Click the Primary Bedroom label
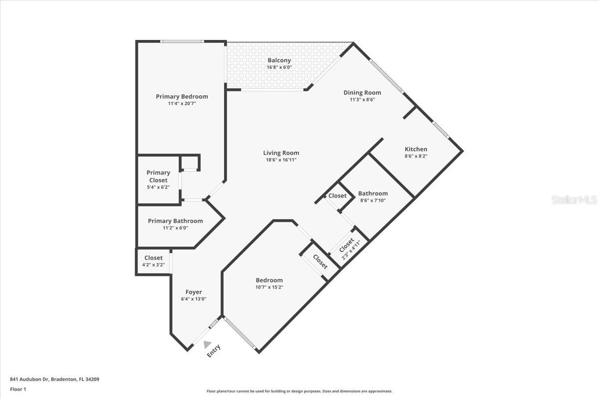coord(182,97)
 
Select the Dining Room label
coord(362,92)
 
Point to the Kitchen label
coord(416,149)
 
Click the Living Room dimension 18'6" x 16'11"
coord(281,160)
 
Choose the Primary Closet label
coord(158,176)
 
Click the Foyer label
coord(194,292)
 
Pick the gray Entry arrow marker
coord(208,344)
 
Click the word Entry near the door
coord(214,351)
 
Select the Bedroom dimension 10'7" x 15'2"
coord(269,287)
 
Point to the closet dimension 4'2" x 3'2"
coord(154,265)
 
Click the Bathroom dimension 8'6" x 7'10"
coord(372,200)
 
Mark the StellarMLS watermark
coord(574,200)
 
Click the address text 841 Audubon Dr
coord(54,379)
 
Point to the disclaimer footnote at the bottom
coord(299,392)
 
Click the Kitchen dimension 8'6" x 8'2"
coord(416,156)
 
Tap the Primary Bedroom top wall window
coord(182,41)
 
